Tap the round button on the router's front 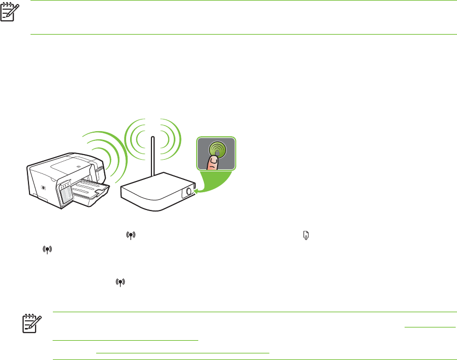[x=189, y=192]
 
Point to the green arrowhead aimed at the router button [x=196, y=191]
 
